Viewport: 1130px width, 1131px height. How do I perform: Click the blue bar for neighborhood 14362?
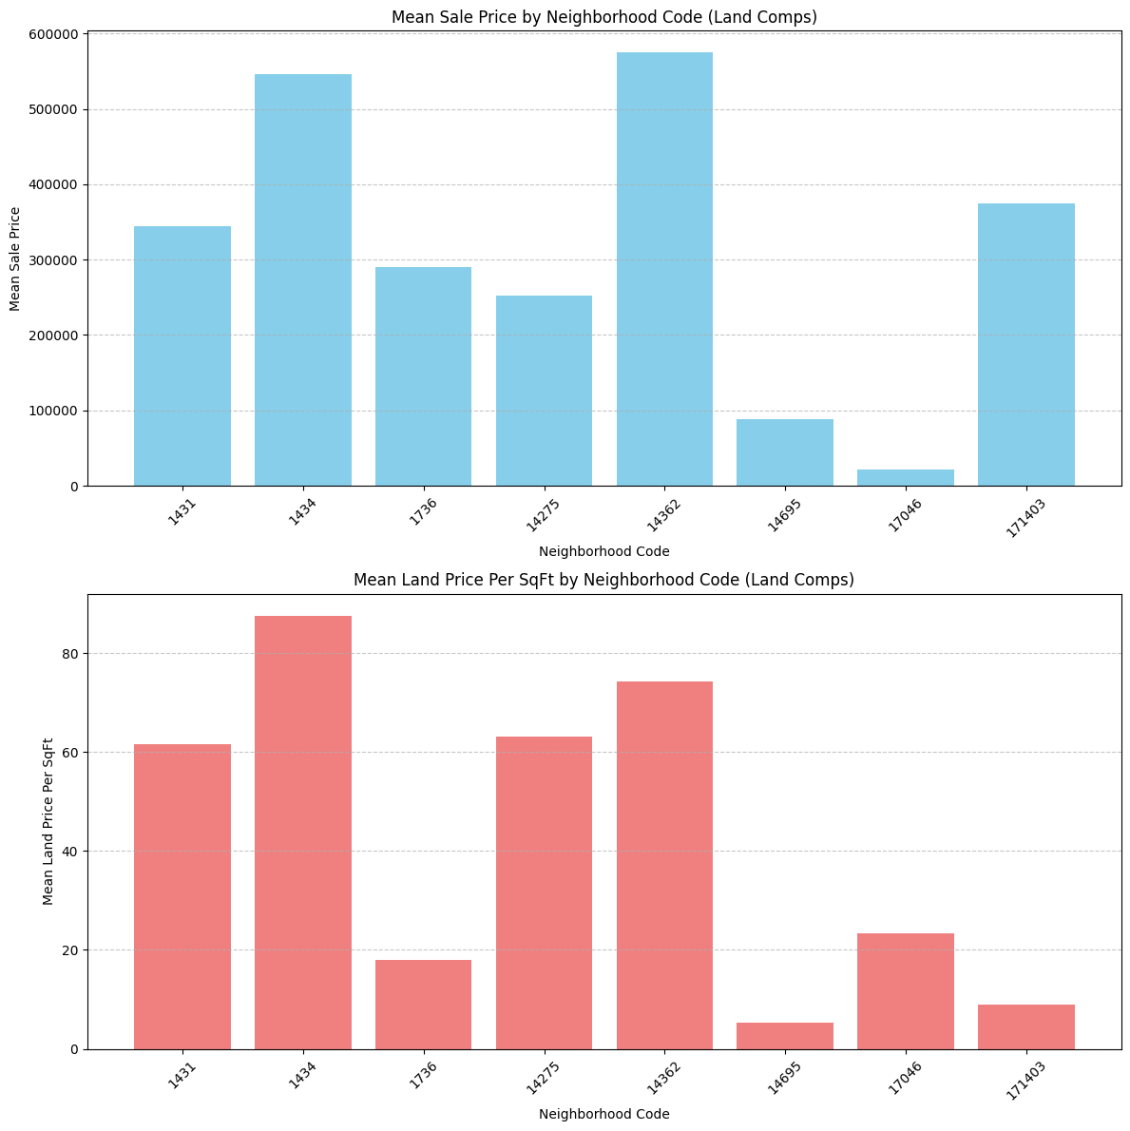(x=664, y=269)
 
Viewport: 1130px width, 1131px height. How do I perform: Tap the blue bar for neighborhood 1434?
(x=302, y=280)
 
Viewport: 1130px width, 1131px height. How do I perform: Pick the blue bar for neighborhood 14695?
(x=784, y=452)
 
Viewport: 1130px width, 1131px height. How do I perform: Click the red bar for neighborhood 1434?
(x=302, y=832)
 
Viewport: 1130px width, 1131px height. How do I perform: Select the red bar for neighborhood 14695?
(x=784, y=1036)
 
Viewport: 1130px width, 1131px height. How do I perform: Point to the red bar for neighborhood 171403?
(x=1025, y=1027)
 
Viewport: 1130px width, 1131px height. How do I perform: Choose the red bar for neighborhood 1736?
(x=423, y=1005)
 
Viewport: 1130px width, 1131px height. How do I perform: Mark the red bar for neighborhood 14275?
(x=544, y=892)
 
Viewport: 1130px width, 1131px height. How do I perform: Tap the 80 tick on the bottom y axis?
(x=72, y=654)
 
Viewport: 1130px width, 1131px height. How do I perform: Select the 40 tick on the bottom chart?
(x=72, y=852)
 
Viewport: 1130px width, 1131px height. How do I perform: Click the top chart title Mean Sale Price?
(x=603, y=16)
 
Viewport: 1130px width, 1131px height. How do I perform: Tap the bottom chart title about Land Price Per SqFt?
(x=603, y=580)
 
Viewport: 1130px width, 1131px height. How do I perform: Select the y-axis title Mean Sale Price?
(x=15, y=259)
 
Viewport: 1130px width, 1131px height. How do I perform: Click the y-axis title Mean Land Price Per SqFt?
(x=48, y=821)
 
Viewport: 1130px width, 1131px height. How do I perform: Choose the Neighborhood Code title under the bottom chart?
(x=603, y=1114)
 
